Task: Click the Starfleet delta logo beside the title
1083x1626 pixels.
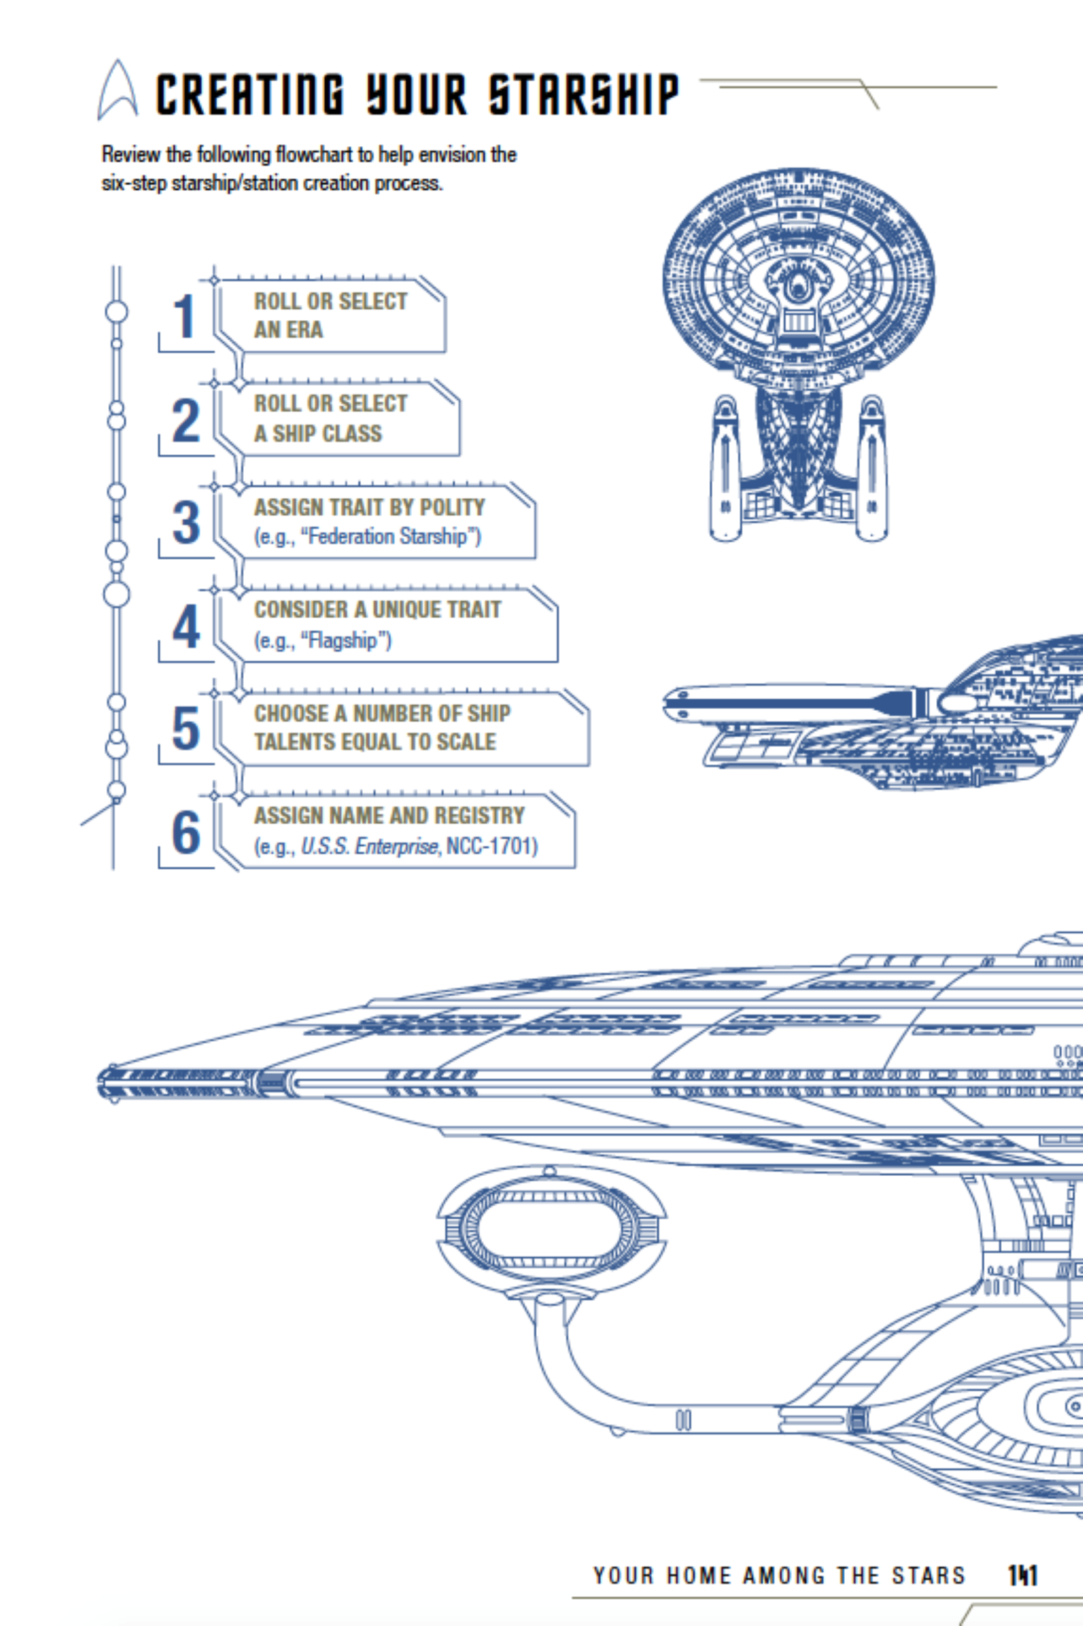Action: [117, 92]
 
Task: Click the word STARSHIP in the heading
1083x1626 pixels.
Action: [583, 95]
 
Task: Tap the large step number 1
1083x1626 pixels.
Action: [184, 317]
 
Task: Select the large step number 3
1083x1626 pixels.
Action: [185, 523]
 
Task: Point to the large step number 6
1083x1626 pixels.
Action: [185, 833]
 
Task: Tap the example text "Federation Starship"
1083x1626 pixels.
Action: [390, 537]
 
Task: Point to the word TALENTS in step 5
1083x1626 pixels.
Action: [290, 742]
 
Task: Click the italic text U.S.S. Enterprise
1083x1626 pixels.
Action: [370, 846]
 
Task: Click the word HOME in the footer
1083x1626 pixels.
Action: [696, 1576]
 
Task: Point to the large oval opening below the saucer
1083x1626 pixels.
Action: [550, 1230]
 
